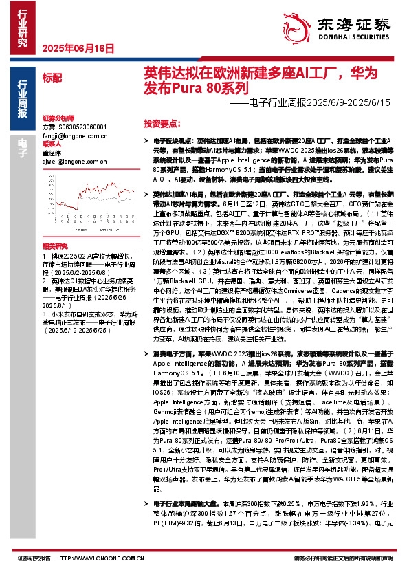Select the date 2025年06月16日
coord(78,48)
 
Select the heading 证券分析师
coord(57,118)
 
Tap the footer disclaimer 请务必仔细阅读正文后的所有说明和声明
coord(343,558)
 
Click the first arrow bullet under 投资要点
coord(148,139)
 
